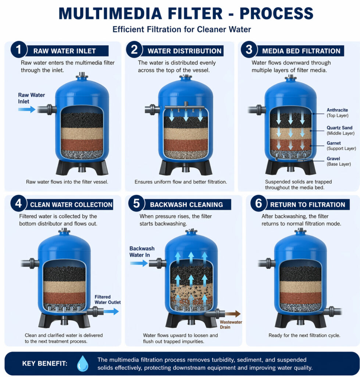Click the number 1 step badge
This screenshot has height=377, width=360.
pos(19,50)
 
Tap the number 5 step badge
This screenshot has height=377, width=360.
pos(136,204)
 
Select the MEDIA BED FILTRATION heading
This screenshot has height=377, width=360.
pos(301,51)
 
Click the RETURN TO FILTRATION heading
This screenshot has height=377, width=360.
pos(308,205)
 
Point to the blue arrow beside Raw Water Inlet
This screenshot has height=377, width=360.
pos(26,109)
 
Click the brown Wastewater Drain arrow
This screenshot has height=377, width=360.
pos(232,314)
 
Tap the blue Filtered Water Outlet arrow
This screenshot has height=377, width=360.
pos(111,311)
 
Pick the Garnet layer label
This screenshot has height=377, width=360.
pos(334,143)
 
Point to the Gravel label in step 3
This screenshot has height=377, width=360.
pos(334,158)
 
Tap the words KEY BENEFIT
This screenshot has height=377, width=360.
pos(45,364)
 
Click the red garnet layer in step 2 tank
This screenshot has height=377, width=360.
pos(185,145)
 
